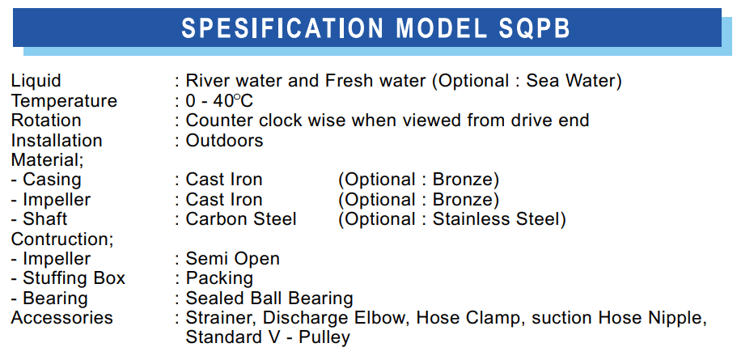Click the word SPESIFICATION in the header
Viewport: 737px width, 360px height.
pos(282,28)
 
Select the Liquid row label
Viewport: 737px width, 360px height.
pos(36,82)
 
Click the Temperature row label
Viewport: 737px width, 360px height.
pos(64,101)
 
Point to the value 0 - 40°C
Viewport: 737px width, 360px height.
pos(219,101)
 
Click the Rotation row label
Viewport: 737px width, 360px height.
pos(46,121)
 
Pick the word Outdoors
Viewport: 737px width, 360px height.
pos(224,141)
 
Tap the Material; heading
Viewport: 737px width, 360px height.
pos(48,160)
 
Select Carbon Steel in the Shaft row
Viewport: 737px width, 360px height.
pos(241,219)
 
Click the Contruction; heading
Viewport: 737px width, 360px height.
pos(62,239)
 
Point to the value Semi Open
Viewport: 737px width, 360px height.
pos(233,259)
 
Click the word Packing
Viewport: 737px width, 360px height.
pos(219,278)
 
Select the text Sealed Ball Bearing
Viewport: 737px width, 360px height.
pos(269,299)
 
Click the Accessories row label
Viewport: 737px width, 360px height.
pos(62,318)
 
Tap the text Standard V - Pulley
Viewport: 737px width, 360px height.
pos(268,338)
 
